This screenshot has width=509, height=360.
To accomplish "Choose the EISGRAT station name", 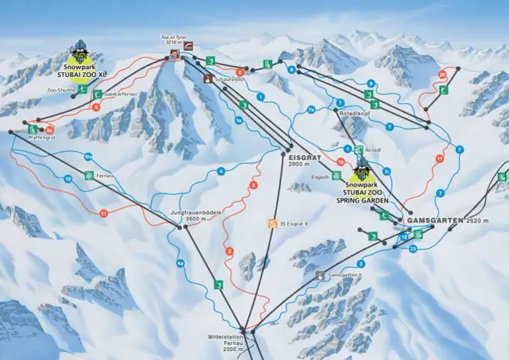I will [302, 157].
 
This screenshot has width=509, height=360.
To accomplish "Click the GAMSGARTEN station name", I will [434, 219].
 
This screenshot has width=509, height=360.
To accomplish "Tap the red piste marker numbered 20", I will [442, 75].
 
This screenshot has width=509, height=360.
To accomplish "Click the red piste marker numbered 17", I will [438, 159].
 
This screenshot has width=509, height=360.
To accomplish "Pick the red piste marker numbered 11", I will [103, 213].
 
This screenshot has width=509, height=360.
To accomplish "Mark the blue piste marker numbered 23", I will [413, 249].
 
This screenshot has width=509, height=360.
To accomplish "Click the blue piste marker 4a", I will [181, 263].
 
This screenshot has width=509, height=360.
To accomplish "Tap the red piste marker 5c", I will [49, 128].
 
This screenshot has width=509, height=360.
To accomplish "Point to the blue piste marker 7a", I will [312, 109].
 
